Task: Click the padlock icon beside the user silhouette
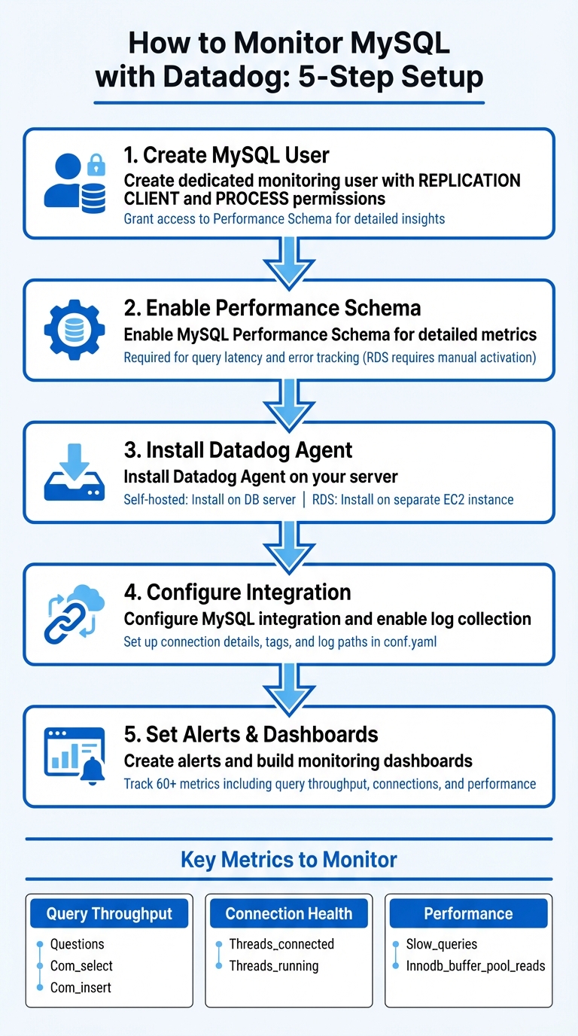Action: [96, 163]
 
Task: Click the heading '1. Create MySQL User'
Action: [227, 155]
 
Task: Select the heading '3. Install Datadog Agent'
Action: [238, 450]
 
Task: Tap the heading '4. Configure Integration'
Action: [237, 592]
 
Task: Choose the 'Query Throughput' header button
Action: [110, 914]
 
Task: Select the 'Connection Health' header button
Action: [289, 914]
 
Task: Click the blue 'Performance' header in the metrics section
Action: [468, 914]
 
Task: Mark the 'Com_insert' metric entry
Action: [81, 987]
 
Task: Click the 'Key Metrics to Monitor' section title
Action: [289, 859]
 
